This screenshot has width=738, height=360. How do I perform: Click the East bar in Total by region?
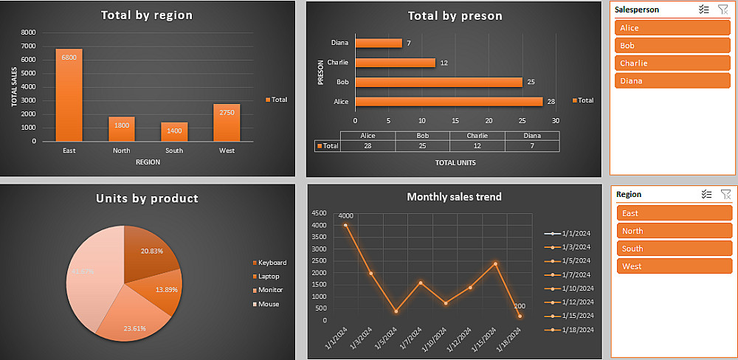tap(69, 94)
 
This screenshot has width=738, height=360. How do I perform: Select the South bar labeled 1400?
tap(174, 131)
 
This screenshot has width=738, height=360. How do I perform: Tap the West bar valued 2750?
tap(227, 122)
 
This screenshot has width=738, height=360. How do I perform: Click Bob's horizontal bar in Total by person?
tap(438, 82)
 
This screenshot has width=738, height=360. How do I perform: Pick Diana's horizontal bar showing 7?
tap(379, 43)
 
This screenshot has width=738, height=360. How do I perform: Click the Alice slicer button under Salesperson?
tap(672, 28)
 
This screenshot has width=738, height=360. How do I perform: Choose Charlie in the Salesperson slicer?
tap(672, 63)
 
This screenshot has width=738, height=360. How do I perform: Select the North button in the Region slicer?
tap(674, 231)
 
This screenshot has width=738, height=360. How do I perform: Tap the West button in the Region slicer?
tap(674, 266)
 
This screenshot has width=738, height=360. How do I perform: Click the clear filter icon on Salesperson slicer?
tap(723, 10)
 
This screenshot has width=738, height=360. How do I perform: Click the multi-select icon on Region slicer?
tap(706, 194)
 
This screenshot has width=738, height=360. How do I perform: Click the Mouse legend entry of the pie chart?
tap(269, 304)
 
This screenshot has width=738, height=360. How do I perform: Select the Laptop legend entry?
tap(269, 276)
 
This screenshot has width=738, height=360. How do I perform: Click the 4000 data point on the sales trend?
tap(345, 225)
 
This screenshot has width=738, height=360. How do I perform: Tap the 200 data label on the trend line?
tap(520, 306)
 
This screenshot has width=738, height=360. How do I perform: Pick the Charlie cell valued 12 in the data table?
tap(477, 146)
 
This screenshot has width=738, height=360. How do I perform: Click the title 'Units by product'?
tap(147, 198)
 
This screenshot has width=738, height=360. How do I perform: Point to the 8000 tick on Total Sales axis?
tap(28, 32)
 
